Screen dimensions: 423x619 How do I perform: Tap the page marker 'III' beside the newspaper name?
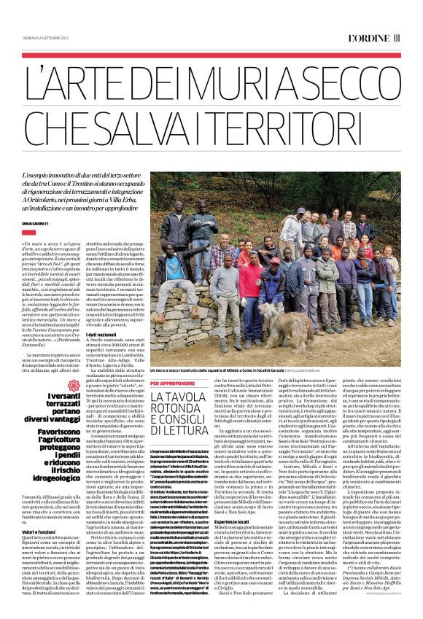click(x=397, y=36)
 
